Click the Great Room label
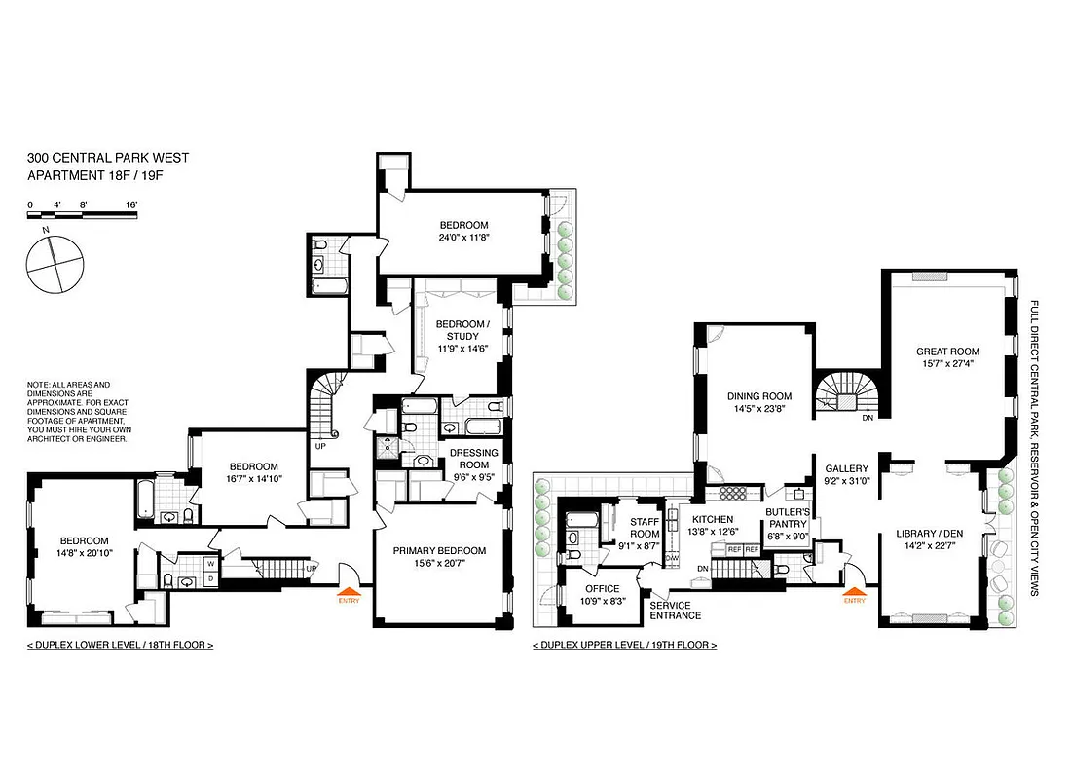947,352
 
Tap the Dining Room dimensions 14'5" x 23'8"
758,410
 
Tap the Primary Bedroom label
439,551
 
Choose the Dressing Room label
472,459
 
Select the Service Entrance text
675,610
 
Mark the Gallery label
846,468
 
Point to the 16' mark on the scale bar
130,204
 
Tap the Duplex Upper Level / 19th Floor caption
624,646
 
